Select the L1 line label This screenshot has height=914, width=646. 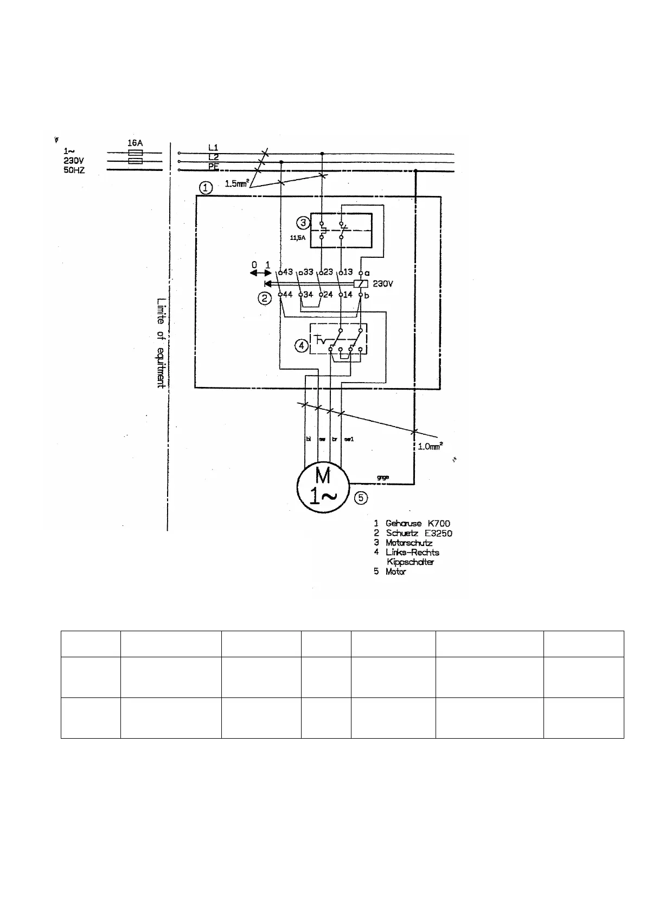click(x=214, y=148)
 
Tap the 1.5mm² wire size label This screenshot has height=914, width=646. click(x=237, y=183)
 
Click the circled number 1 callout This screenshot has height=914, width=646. click(x=206, y=188)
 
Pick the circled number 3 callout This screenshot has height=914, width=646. click(x=304, y=223)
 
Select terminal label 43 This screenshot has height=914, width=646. click(x=287, y=272)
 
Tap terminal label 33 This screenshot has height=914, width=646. click(x=308, y=272)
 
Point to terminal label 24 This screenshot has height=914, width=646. click(x=328, y=295)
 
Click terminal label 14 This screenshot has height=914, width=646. click(x=348, y=295)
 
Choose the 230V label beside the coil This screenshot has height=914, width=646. click(x=383, y=283)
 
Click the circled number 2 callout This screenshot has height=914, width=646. click(x=264, y=298)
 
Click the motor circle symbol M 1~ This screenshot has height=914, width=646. click(x=323, y=485)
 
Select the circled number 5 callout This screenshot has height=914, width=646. click(x=361, y=498)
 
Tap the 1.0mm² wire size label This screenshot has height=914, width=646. click(x=430, y=447)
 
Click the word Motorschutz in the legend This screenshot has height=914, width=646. click(x=408, y=542)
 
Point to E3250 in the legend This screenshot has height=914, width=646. click(x=437, y=533)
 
